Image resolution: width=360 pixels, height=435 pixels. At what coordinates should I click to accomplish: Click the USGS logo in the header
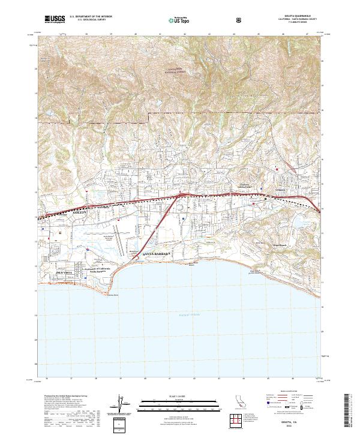click(55, 19)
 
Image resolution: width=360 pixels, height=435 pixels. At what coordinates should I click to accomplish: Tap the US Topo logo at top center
click(180, 19)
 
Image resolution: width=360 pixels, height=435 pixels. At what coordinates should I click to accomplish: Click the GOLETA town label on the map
click(79, 212)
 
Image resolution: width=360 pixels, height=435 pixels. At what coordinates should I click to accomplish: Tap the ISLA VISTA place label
click(67, 272)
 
